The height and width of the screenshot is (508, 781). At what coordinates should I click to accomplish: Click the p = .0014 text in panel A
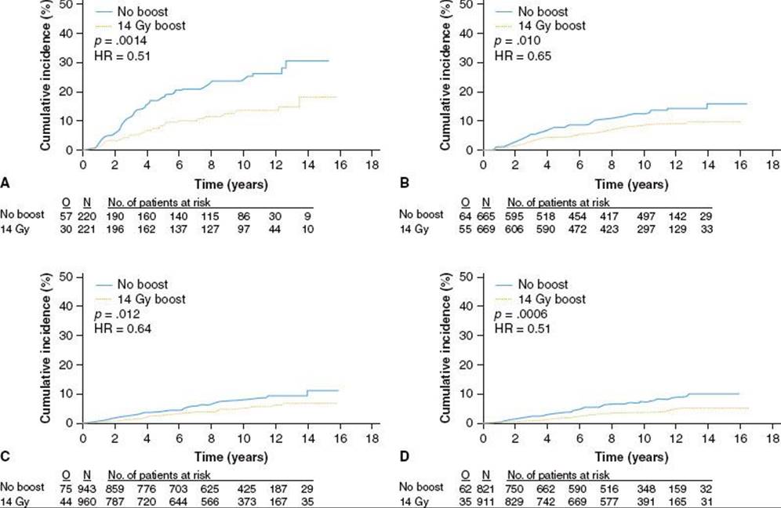[x=122, y=41]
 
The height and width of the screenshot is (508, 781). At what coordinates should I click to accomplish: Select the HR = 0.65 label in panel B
[x=523, y=56]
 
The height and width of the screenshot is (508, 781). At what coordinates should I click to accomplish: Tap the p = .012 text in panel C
[x=117, y=314]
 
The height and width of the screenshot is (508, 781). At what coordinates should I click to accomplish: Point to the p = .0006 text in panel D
[x=521, y=314]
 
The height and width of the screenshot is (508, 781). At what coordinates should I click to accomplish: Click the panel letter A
[x=5, y=183]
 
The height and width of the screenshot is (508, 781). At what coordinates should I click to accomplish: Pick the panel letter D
[x=405, y=456]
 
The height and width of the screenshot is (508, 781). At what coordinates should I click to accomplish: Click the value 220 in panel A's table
[x=87, y=216]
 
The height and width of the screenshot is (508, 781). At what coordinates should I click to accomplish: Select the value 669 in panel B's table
[x=486, y=229]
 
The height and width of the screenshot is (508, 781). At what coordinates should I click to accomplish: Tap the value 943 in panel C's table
[x=87, y=489]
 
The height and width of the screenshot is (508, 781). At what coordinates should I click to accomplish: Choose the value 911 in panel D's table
[x=486, y=502]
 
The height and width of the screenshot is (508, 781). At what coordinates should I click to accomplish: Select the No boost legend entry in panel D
[x=532, y=285]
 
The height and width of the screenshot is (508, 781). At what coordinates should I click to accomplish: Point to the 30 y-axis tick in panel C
[x=66, y=336]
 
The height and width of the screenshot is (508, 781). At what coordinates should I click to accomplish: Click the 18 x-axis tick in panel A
[x=372, y=165]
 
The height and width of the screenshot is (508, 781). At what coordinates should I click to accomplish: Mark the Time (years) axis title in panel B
[x=631, y=184]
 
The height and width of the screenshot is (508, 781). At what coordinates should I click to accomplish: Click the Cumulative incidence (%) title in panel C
[x=45, y=348]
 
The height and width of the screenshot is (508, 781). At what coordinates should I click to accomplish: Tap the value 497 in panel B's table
[x=646, y=216]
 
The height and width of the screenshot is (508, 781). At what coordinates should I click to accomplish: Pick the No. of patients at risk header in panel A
[x=159, y=202]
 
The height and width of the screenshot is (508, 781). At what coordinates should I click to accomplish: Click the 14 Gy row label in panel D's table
[x=414, y=502]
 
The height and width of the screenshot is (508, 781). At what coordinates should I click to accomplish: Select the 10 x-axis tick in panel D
[x=644, y=437]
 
